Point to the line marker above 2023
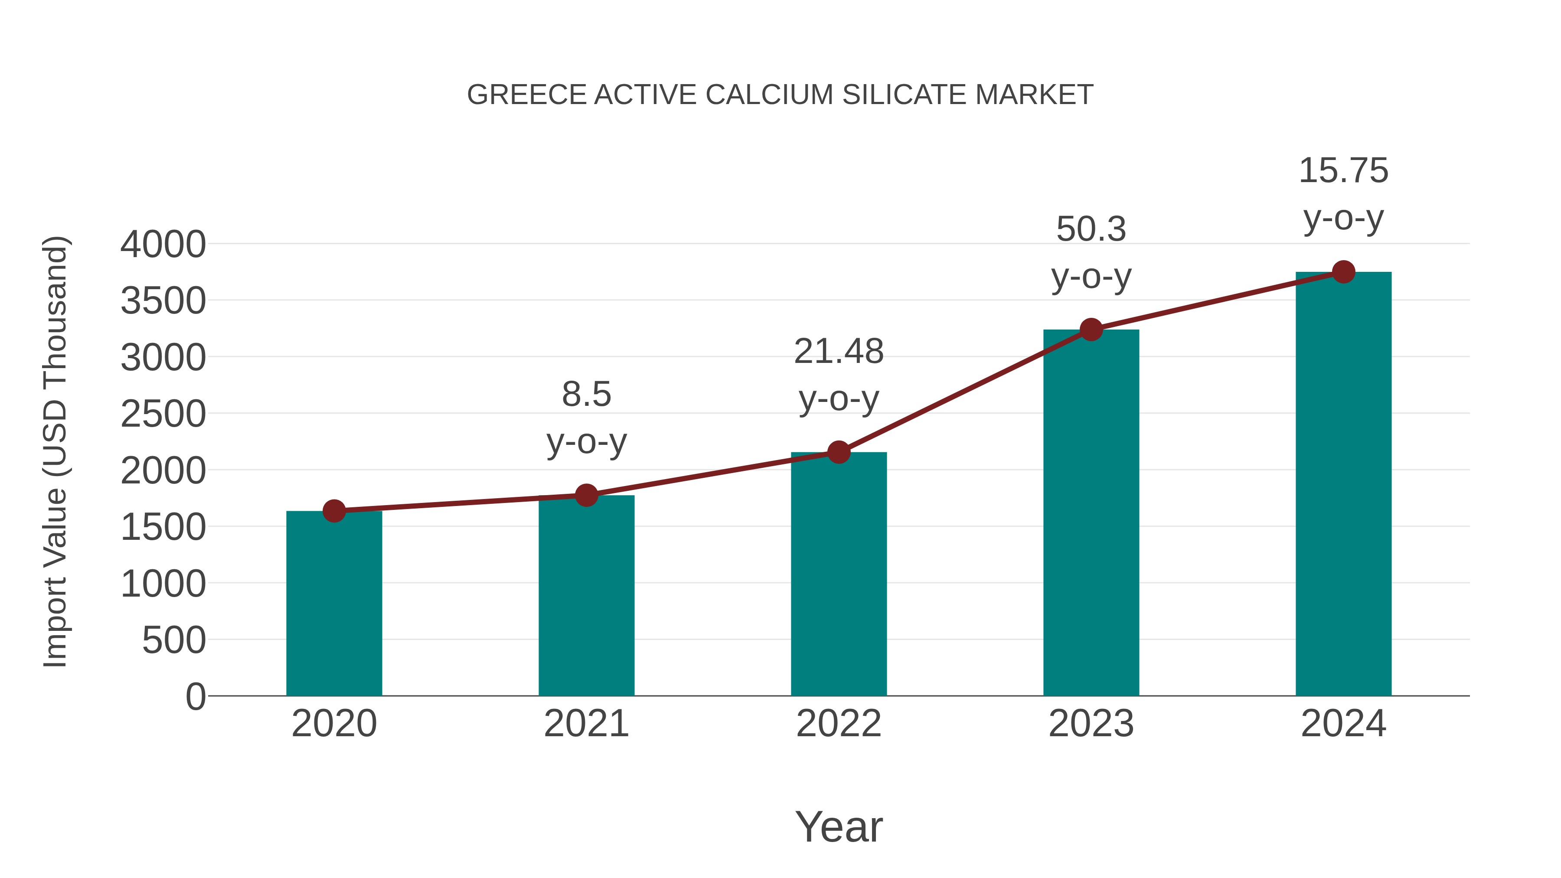coord(1091,330)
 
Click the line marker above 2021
coord(586,495)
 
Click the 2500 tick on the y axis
coord(163,414)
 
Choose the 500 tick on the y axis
coord(174,640)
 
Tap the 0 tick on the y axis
coord(195,696)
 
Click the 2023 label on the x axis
coord(1091,724)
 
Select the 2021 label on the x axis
coord(586,724)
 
